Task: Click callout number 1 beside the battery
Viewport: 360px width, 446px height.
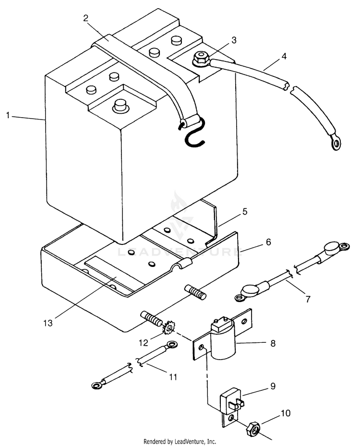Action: pos(8,116)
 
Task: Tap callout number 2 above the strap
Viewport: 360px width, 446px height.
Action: pos(85,18)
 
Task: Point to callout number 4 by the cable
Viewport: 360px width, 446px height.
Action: pos(284,56)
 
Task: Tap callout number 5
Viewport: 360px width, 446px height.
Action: pos(244,211)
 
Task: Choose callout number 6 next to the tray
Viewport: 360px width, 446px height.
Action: pos(268,242)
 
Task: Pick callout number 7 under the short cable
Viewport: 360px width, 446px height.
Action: pos(308,299)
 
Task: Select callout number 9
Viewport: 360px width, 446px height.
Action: pos(273,386)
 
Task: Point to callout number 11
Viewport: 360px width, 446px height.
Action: pos(173,377)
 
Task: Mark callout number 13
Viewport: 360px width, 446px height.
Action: pos(48,323)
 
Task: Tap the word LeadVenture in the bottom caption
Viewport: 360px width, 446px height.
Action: pos(190,442)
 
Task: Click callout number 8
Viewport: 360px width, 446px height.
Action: pos(273,343)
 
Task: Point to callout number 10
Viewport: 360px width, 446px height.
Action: pos(286,413)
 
